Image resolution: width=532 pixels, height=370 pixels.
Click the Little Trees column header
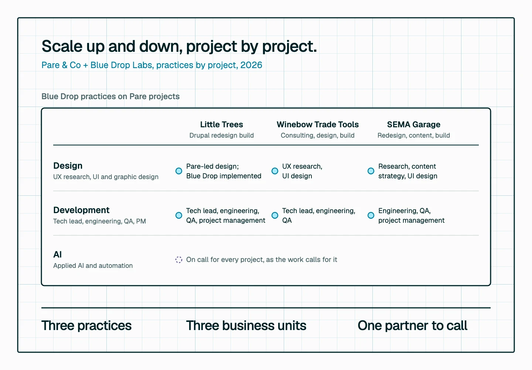click(221, 124)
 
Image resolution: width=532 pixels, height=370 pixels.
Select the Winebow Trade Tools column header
click(318, 124)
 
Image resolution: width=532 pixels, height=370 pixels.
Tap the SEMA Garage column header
click(413, 124)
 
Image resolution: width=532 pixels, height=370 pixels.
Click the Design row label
click(68, 166)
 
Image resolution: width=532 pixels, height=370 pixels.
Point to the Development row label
click(81, 210)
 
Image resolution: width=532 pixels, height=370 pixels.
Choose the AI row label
click(58, 255)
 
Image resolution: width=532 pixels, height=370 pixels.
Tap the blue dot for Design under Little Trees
click(179, 171)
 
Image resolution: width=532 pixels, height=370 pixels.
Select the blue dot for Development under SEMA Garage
click(371, 215)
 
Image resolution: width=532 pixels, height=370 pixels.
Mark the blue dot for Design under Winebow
click(275, 171)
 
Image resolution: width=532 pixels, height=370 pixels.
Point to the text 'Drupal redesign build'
click(221, 135)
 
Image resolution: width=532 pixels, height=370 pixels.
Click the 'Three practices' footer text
click(86, 326)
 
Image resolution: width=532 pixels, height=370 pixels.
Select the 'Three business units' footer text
click(246, 326)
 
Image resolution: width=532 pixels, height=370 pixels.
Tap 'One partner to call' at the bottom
click(413, 326)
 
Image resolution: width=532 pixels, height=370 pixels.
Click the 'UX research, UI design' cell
click(302, 171)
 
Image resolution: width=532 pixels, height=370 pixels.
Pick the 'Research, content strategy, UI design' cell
click(407, 171)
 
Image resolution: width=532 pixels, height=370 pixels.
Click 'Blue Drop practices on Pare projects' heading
click(110, 96)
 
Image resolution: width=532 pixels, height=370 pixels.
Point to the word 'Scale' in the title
click(62, 46)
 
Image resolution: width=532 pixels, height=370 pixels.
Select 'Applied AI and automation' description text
click(93, 266)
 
